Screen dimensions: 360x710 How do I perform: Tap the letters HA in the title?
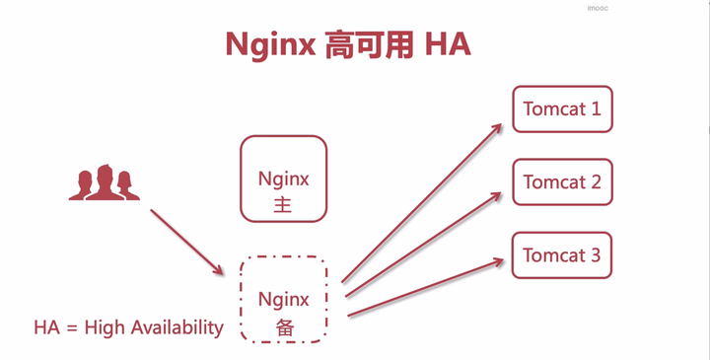(x=449, y=45)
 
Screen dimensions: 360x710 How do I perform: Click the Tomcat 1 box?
(x=562, y=108)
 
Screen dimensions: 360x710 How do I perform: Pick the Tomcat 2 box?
(x=562, y=182)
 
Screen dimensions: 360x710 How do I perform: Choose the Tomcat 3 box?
(x=562, y=255)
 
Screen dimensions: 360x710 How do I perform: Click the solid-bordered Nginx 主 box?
(x=284, y=179)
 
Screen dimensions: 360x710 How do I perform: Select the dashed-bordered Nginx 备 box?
(x=284, y=299)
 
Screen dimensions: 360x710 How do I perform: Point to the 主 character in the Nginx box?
(x=284, y=206)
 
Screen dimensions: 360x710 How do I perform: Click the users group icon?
(x=103, y=182)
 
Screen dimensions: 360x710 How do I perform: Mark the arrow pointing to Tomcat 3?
(x=427, y=289)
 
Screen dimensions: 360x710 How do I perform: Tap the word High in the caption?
(x=105, y=327)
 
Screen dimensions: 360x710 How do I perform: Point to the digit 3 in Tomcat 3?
(x=595, y=255)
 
